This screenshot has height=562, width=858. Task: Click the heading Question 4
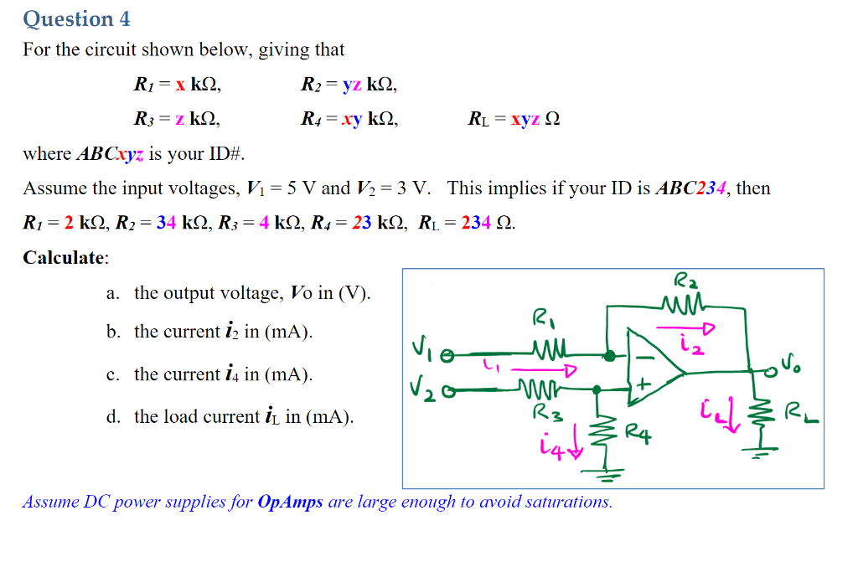(76, 18)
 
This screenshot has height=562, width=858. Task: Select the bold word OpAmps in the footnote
(290, 503)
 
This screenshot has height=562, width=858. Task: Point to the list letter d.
(112, 417)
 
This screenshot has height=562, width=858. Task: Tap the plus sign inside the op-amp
(643, 386)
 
